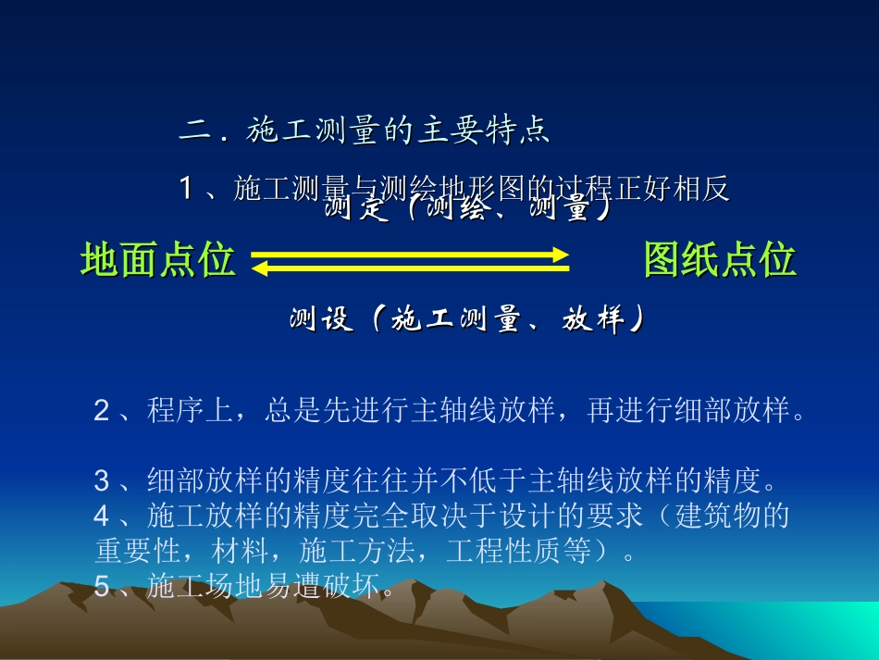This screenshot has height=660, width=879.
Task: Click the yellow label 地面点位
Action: [x=157, y=260]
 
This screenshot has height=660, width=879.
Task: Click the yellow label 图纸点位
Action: [x=720, y=260]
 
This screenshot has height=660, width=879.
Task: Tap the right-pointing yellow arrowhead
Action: [x=557, y=255]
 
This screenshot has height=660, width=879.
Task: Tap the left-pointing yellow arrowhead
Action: [x=260, y=268]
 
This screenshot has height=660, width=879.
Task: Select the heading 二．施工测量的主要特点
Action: [x=365, y=131]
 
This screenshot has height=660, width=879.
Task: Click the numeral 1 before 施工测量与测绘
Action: [x=186, y=189]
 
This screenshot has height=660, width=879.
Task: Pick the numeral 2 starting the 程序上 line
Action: [x=102, y=410]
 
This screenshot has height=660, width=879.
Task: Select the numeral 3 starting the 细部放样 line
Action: [x=102, y=481]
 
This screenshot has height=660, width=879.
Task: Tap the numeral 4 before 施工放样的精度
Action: [x=102, y=516]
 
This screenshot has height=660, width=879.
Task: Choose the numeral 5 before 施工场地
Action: [x=102, y=586]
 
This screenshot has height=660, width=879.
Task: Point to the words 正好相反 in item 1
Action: [x=671, y=189]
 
